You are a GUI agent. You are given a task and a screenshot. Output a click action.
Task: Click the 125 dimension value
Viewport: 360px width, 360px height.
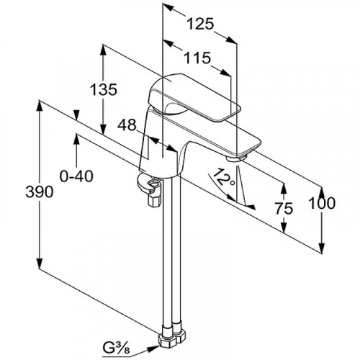click(x=200, y=24)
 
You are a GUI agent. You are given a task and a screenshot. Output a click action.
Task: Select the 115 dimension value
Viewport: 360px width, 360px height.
click(x=197, y=58)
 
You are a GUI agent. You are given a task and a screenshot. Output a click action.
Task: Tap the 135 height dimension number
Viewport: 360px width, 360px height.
click(x=104, y=90)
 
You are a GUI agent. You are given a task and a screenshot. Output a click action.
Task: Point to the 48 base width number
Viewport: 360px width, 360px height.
click(x=127, y=125)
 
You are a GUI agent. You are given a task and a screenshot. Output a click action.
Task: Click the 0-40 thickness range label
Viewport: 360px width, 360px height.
click(x=76, y=176)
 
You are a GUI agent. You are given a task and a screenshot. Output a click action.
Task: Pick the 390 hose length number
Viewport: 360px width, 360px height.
click(x=39, y=192)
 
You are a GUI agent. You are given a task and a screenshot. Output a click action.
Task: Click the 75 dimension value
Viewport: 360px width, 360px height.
click(x=284, y=208)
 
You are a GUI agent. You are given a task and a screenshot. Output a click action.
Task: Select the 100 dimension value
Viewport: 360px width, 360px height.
click(x=321, y=203)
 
